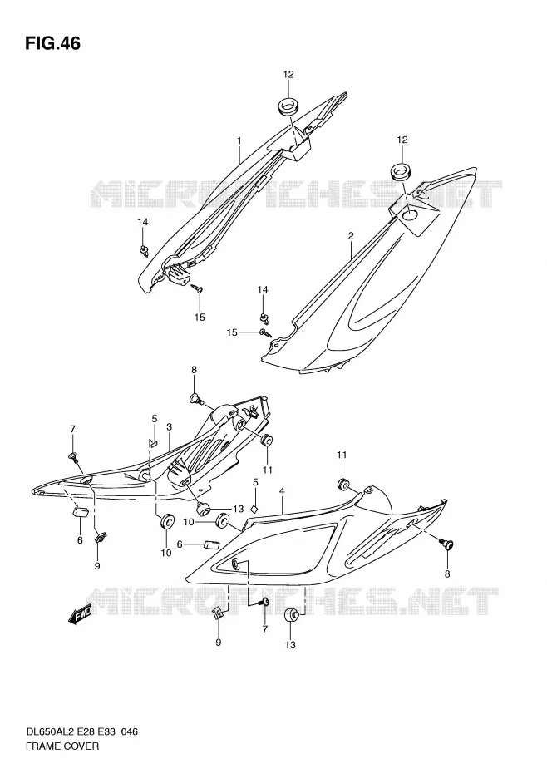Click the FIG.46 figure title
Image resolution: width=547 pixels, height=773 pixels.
(52, 43)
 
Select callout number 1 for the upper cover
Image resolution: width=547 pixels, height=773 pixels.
(239, 141)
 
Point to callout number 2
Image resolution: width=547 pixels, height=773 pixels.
(351, 236)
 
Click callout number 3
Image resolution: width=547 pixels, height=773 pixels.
(170, 426)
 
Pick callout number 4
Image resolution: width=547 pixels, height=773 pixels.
(282, 491)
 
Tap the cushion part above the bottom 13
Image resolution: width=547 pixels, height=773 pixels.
(292, 617)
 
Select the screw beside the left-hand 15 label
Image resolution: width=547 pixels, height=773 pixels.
(266, 332)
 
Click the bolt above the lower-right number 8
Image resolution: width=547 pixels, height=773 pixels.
(447, 544)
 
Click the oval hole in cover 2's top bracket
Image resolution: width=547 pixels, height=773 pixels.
(408, 215)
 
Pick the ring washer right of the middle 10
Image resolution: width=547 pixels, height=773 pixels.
(222, 519)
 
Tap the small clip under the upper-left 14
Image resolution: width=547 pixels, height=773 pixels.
(144, 251)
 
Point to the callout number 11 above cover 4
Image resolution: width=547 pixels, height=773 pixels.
(342, 455)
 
